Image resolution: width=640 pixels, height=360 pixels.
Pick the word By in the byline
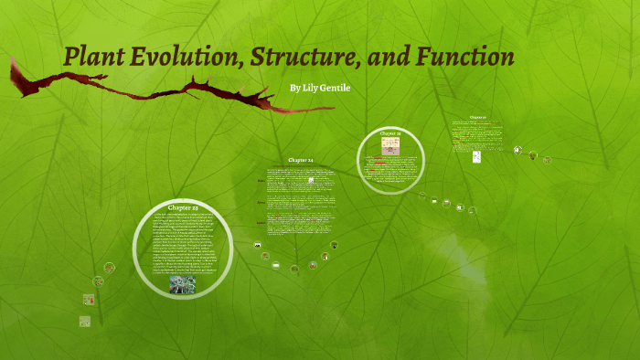[x=293, y=87]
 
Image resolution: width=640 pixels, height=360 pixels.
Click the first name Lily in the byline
[x=311, y=87]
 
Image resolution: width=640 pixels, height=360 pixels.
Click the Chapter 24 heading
[x=301, y=160]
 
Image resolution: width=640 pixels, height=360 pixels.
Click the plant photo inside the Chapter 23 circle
[x=182, y=284]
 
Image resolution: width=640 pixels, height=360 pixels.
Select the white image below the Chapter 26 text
[x=476, y=157]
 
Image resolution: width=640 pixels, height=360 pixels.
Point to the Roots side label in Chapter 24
[x=261, y=222]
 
